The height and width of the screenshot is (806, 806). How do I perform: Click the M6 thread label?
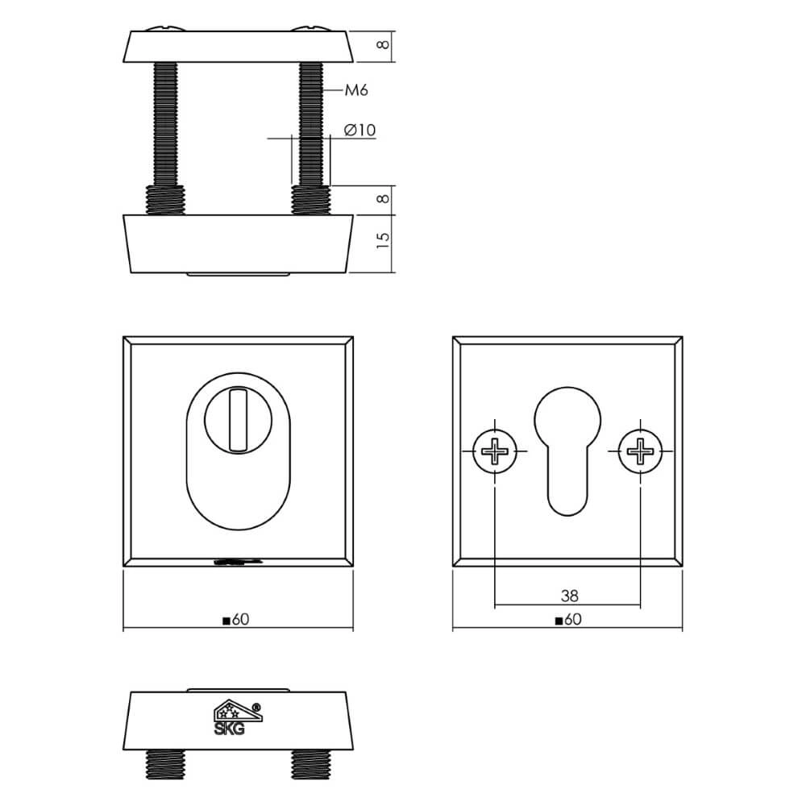coord(356,91)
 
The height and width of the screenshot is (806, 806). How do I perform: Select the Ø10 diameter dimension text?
coord(359,130)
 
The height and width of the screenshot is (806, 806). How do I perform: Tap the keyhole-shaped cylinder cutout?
coord(568,447)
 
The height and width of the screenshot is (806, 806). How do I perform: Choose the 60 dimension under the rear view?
coord(568,620)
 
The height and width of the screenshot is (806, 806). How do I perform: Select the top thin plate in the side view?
coord(238,47)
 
